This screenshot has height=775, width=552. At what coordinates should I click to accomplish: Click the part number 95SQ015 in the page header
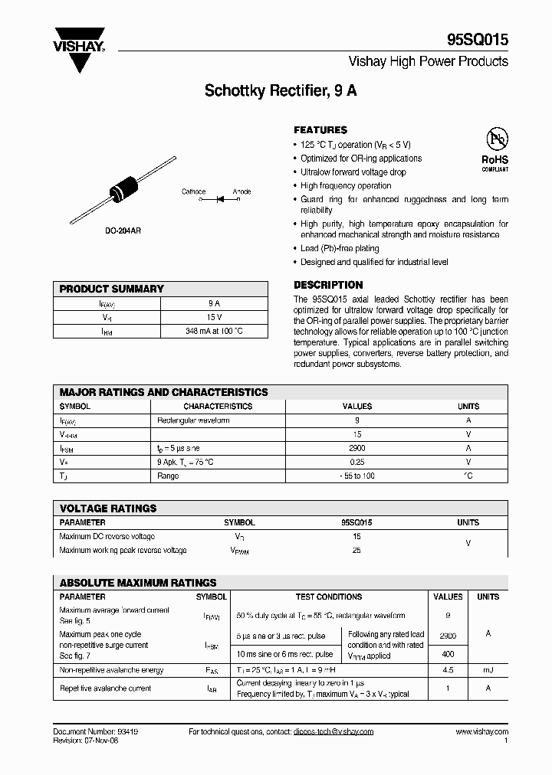click(x=477, y=41)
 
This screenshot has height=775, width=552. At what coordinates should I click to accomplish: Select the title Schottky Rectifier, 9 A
click(x=281, y=90)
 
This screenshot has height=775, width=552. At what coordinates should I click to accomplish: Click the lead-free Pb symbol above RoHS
click(x=496, y=139)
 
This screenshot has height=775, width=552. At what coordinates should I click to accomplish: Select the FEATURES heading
click(x=320, y=130)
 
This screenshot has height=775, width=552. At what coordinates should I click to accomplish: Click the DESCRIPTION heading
click(x=328, y=285)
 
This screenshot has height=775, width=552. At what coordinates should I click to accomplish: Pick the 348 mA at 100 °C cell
click(x=215, y=332)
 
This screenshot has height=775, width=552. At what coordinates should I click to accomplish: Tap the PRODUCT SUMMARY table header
click(x=112, y=289)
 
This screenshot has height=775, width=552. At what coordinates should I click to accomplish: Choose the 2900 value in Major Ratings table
click(x=356, y=448)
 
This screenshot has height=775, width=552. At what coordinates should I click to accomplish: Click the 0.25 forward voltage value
click(x=356, y=462)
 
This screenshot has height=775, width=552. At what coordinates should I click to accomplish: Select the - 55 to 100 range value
click(x=356, y=476)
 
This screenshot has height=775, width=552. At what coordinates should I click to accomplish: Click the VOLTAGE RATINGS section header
click(x=108, y=508)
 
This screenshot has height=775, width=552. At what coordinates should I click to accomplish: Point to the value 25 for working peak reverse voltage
click(x=356, y=550)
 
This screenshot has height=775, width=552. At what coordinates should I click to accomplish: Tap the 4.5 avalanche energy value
click(x=448, y=670)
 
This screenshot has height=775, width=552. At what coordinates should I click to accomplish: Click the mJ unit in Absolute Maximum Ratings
click(x=488, y=670)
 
